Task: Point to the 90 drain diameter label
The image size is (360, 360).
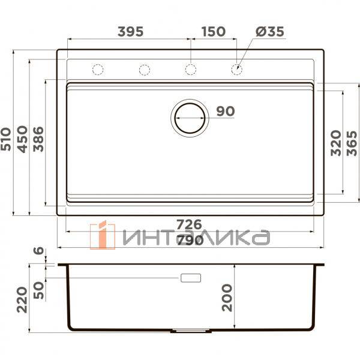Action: click(x=225, y=111)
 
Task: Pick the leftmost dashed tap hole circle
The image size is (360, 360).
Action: click(x=98, y=70)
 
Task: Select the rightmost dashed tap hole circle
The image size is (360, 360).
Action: click(x=237, y=70)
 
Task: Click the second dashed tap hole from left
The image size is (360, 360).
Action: click(x=144, y=70)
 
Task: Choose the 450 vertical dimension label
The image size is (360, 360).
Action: click(x=23, y=139)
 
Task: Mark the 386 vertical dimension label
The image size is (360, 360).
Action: click(x=38, y=139)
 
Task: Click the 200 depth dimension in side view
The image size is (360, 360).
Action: click(x=227, y=296)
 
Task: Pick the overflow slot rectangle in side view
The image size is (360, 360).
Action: click(x=191, y=278)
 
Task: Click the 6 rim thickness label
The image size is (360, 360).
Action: click(x=40, y=251)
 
